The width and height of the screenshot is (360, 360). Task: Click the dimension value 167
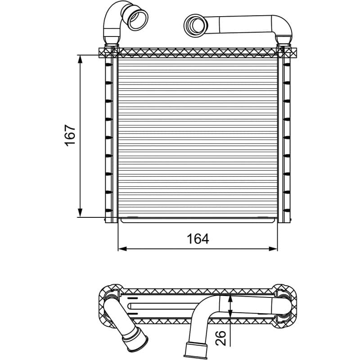(70, 135)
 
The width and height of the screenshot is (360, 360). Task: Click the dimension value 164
(198, 239)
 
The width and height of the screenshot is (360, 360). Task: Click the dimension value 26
(220, 338)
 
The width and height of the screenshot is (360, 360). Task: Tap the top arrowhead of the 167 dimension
(80, 59)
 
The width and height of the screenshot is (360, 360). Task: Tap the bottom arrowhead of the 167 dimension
(80, 212)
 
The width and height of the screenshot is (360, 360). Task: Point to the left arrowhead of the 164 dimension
(122, 249)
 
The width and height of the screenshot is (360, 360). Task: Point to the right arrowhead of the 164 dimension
(273, 249)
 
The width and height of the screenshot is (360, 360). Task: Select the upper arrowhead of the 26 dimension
(230, 299)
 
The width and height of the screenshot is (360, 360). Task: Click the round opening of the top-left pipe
(138, 19)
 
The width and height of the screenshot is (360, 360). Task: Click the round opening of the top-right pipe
(196, 25)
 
